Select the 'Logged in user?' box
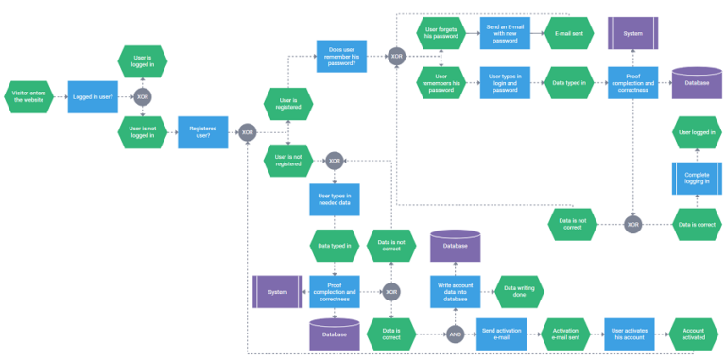click(93, 96)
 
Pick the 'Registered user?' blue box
click(203, 131)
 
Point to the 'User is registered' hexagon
click(289, 103)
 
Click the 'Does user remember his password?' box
click(341, 56)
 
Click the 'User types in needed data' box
click(334, 199)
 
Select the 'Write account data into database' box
click(456, 292)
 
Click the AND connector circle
click(456, 334)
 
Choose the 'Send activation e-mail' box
click(501, 334)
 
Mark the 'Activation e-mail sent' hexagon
click(565, 334)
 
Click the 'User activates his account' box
click(630, 334)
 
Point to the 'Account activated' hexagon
click(694, 334)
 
